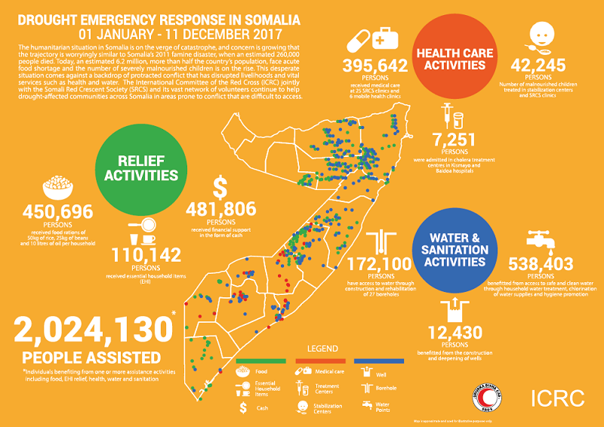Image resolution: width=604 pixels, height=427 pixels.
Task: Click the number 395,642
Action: pos(374,67)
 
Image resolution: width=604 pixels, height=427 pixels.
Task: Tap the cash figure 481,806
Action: pos(220,213)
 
